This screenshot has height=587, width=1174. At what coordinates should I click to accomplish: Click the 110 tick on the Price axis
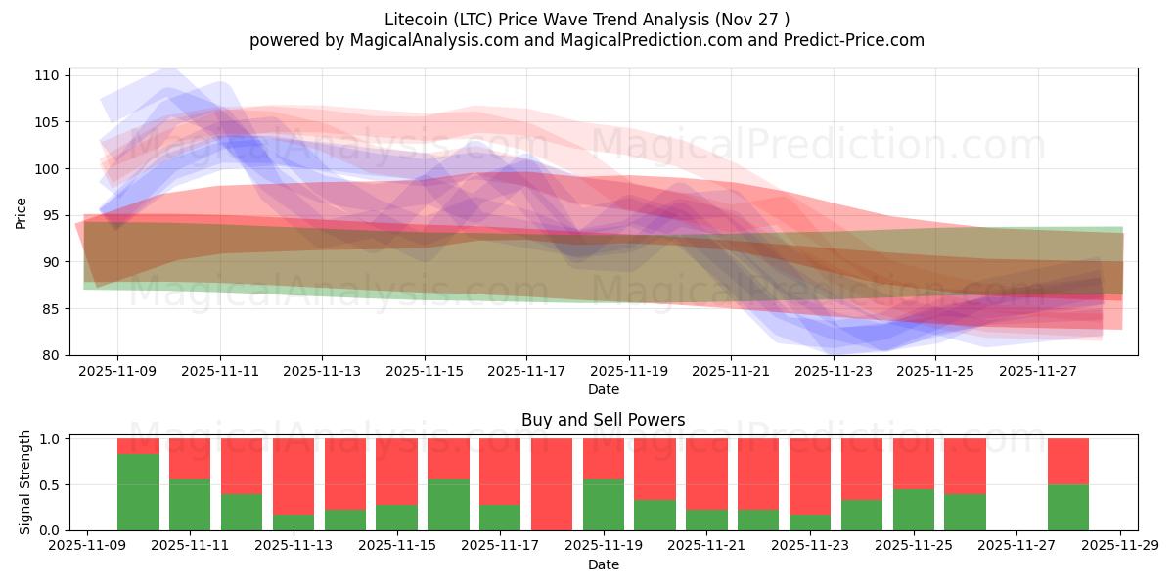coord(48,75)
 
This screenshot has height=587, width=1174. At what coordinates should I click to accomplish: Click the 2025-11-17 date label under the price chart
coord(526,372)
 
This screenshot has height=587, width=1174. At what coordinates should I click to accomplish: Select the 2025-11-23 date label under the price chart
coord(834,372)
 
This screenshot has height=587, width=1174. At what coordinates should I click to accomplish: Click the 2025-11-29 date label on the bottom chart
coord(1120,547)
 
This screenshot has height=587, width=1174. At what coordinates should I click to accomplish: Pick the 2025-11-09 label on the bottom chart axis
coord(88,547)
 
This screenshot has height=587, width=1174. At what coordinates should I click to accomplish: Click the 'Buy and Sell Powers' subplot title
coord(603,421)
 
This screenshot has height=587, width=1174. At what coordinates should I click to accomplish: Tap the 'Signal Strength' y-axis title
coord(25,483)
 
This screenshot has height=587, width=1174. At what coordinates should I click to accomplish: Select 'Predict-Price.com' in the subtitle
coord(851,40)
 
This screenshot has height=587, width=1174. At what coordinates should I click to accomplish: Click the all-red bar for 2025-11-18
coord(552,484)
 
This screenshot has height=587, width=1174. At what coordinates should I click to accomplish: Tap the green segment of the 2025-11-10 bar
coord(138,492)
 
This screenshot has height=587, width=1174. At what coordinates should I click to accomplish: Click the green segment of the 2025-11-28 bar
coord(1068,507)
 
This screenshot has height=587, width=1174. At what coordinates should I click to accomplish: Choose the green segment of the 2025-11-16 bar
coord(448,505)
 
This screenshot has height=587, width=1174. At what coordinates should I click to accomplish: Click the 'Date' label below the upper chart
coord(603,389)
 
